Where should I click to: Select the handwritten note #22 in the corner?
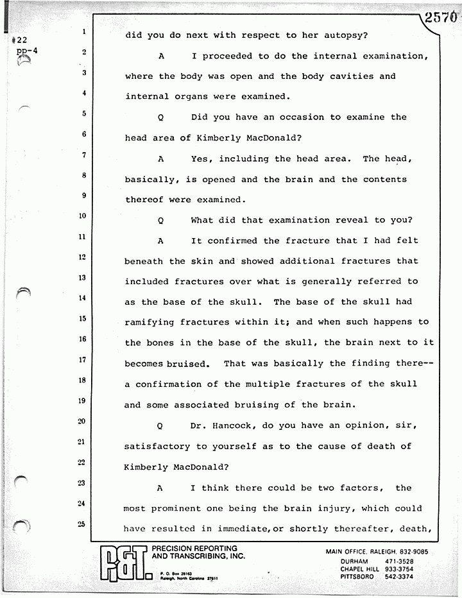[19, 40]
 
